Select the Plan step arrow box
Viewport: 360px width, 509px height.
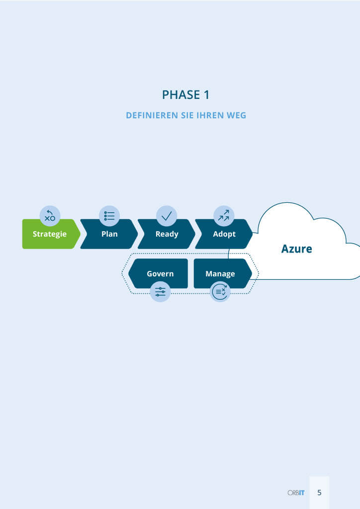point(109,234)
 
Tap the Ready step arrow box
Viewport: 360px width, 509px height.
point(167,234)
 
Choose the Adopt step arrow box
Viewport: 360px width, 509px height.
point(224,234)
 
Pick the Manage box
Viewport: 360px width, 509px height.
point(223,273)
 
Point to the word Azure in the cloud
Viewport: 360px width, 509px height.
point(297,249)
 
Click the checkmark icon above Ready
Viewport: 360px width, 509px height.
point(167,216)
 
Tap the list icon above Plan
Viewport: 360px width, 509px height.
point(109,216)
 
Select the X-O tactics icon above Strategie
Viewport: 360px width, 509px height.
point(50,216)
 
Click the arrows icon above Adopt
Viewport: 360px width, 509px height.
point(224,216)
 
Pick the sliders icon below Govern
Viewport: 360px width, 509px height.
point(160,291)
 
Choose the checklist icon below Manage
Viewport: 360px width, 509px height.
point(220,291)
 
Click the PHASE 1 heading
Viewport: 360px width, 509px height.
point(185,95)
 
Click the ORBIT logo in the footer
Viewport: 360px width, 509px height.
point(296,493)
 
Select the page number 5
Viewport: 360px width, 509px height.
point(319,493)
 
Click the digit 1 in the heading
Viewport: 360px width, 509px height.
point(206,95)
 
